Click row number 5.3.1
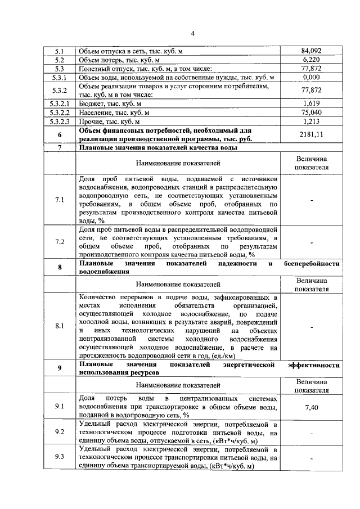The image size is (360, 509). [x=59, y=77]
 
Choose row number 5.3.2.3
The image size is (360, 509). [x=59, y=121]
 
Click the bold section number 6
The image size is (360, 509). [x=59, y=135]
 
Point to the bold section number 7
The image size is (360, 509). [x=59, y=148]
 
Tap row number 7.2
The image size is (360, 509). [x=59, y=242]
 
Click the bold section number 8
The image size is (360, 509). [x=59, y=267]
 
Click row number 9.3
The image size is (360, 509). [x=59, y=457]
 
